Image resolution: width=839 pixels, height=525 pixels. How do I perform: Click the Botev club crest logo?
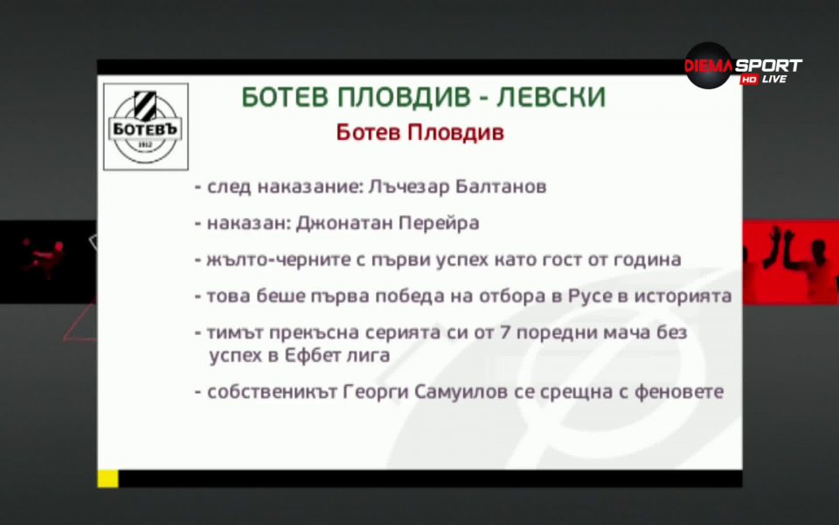click(145, 126)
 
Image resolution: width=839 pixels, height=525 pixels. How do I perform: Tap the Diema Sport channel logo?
click(742, 66)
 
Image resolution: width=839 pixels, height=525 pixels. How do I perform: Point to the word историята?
click(685, 296)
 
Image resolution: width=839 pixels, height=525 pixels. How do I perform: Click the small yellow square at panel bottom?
click(107, 478)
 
